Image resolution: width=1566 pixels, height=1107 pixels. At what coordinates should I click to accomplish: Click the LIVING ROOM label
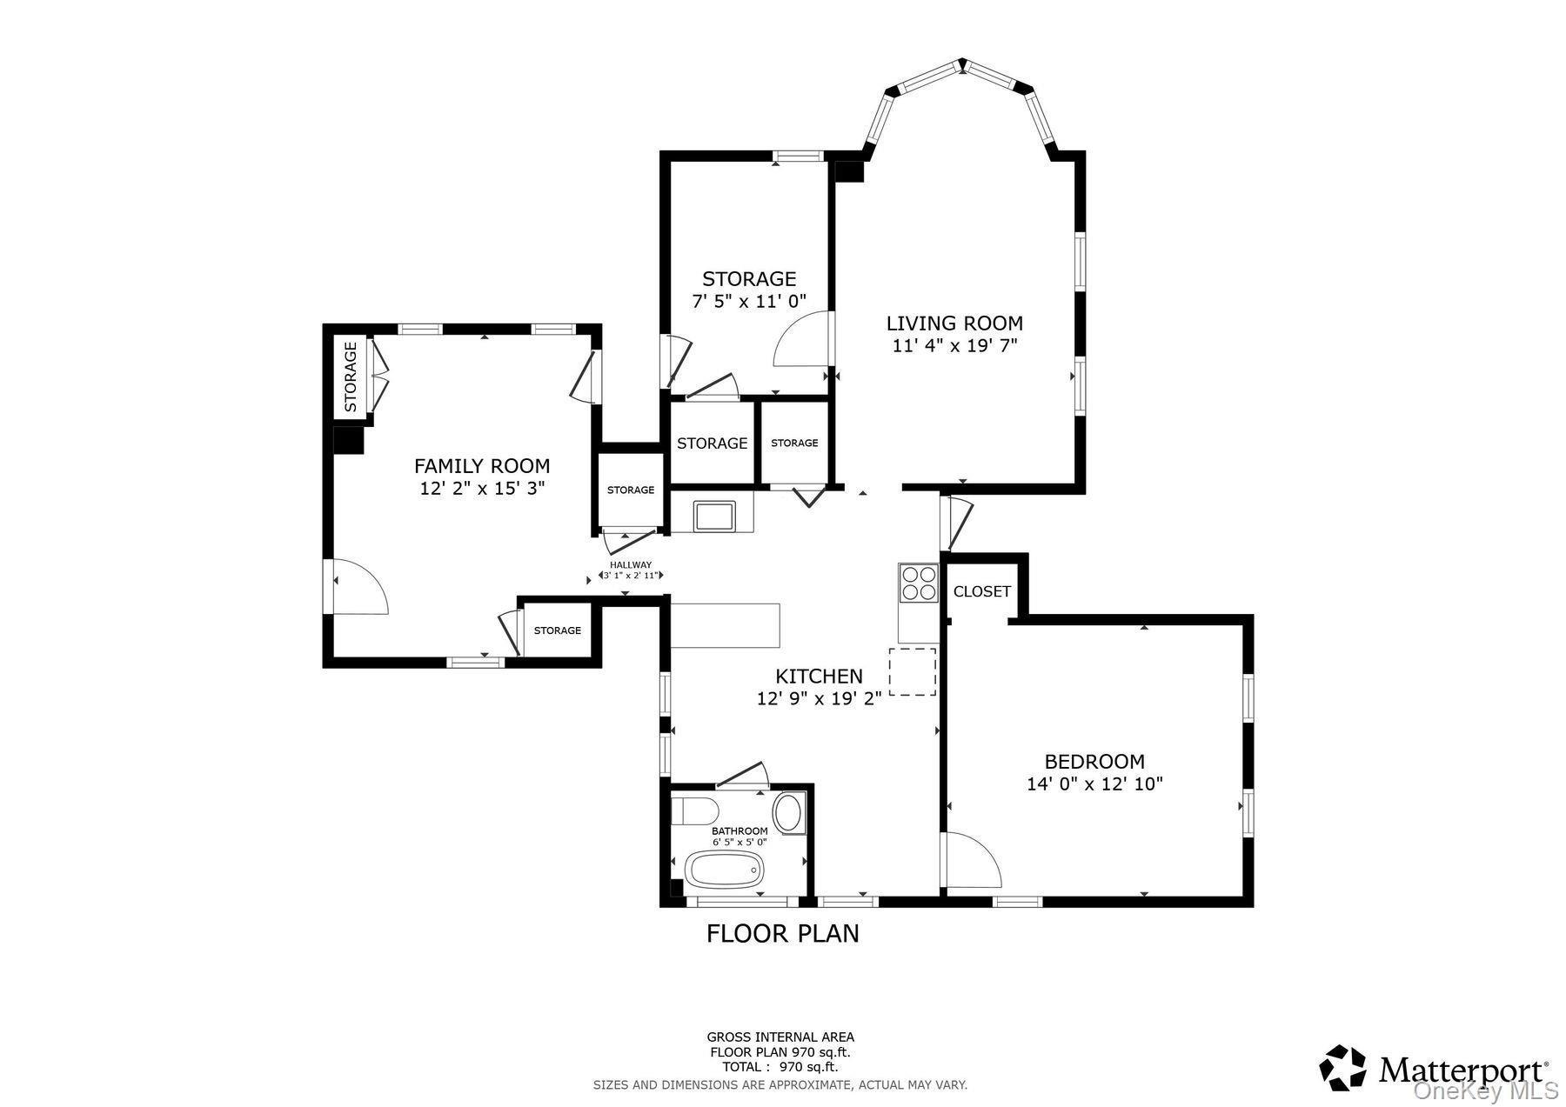(x=954, y=323)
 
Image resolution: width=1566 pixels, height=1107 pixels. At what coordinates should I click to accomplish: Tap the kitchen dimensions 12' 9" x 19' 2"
(x=819, y=697)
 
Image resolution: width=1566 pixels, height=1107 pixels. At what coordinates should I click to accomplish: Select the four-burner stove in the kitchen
(x=919, y=583)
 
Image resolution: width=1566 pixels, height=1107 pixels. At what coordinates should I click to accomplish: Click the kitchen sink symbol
(x=714, y=515)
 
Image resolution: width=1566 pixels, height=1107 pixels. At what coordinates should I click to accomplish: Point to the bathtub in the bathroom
(x=724, y=869)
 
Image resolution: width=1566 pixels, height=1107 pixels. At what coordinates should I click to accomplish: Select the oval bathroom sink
(x=789, y=812)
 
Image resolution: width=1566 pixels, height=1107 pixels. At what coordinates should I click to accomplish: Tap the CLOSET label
(x=981, y=591)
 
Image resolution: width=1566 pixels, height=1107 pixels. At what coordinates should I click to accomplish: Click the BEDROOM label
(x=1094, y=762)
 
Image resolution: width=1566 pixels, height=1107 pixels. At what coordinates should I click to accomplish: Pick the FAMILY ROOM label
(x=481, y=466)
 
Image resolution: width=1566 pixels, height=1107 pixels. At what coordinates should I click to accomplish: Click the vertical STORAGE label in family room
(x=351, y=376)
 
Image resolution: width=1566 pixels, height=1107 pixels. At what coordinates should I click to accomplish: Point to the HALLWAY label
(x=630, y=564)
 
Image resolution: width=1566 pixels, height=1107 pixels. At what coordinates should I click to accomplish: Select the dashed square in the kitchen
(x=912, y=671)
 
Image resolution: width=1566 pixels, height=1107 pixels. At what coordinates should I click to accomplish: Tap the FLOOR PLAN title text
(x=782, y=934)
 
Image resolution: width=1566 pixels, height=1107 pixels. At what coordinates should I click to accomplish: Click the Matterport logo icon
(x=1343, y=1067)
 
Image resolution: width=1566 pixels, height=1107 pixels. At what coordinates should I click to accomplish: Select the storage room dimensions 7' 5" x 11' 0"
(x=748, y=301)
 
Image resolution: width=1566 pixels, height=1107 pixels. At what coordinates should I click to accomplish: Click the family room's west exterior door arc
(x=358, y=587)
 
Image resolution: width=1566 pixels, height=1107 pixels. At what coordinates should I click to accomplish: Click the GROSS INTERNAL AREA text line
(x=780, y=1037)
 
